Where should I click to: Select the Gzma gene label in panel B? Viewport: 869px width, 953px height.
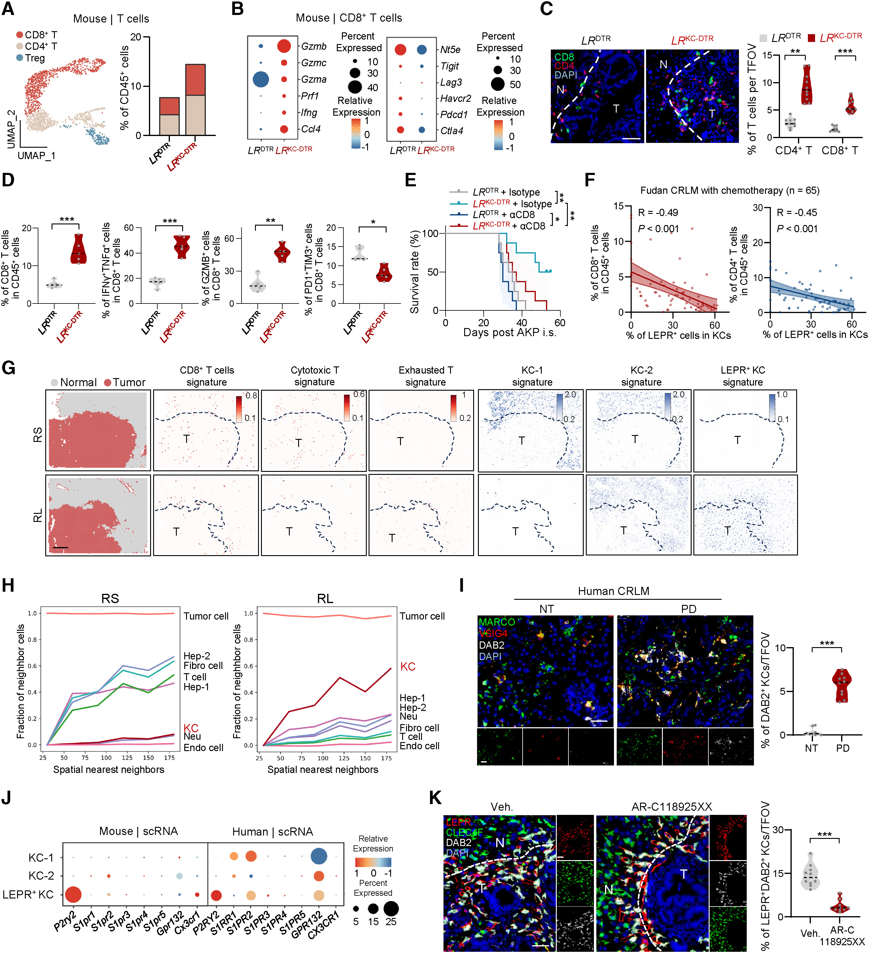(313, 79)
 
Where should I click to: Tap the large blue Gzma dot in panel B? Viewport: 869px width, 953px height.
(260, 79)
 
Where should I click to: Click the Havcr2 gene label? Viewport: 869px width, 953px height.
(455, 98)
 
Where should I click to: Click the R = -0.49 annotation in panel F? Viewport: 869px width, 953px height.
(658, 213)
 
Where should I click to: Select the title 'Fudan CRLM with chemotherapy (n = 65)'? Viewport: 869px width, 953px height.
(730, 191)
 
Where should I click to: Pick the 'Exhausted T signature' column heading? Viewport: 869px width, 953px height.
(426, 376)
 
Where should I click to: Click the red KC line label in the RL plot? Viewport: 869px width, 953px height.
(408, 667)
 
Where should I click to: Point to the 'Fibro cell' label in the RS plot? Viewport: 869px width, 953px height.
(203, 666)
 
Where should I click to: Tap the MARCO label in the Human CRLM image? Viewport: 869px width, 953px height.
(497, 622)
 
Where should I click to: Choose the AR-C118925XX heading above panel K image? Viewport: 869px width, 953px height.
(671, 807)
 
